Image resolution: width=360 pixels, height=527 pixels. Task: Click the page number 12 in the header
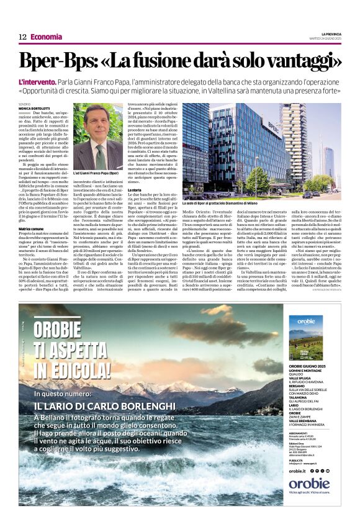click(22, 37)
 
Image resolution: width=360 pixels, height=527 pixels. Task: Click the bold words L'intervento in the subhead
click(38, 82)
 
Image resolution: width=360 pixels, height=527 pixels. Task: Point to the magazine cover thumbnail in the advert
click(305, 338)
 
